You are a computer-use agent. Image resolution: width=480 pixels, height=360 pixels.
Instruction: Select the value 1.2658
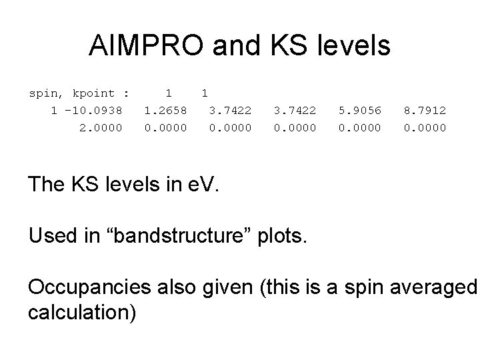165,110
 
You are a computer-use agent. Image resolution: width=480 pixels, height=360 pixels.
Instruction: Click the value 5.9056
360,110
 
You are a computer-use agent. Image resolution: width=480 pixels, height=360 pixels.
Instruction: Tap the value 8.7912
425,110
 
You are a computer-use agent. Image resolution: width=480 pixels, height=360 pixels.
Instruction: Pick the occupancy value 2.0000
101,127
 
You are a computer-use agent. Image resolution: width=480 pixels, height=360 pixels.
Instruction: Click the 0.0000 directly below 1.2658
165,127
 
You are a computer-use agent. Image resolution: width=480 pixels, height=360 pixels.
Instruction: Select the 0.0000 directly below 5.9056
360,127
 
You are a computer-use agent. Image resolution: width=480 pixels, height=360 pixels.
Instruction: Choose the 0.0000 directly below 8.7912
425,127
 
